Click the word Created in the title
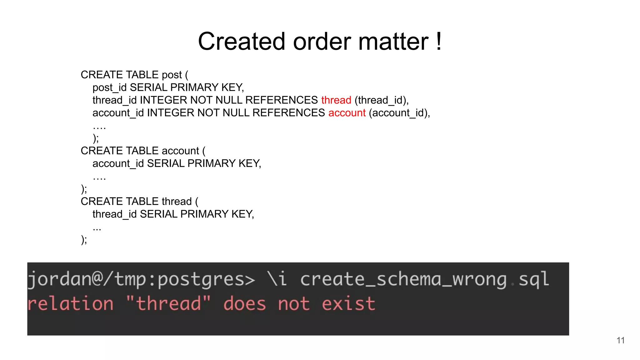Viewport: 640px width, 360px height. pos(242,42)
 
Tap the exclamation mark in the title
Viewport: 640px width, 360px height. pos(439,42)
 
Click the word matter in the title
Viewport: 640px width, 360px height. pos(393,42)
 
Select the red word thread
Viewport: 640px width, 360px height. pos(336,100)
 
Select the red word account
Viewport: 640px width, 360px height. pos(347,113)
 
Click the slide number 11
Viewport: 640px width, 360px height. pos(621,340)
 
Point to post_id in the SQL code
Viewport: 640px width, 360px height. pos(109,87)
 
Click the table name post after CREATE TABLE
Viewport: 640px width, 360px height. pos(172,75)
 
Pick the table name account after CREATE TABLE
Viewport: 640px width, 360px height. pos(180,151)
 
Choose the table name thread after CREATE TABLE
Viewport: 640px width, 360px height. pos(177,202)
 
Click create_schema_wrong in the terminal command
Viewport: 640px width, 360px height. pos(403,279)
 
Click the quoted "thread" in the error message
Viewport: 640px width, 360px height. pos(168,304)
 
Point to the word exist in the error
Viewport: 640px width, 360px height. pos(348,304)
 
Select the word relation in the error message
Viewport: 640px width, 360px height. pos(71,304)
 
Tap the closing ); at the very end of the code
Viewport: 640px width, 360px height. pos(84,240)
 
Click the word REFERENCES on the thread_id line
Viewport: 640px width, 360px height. pos(282,100)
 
